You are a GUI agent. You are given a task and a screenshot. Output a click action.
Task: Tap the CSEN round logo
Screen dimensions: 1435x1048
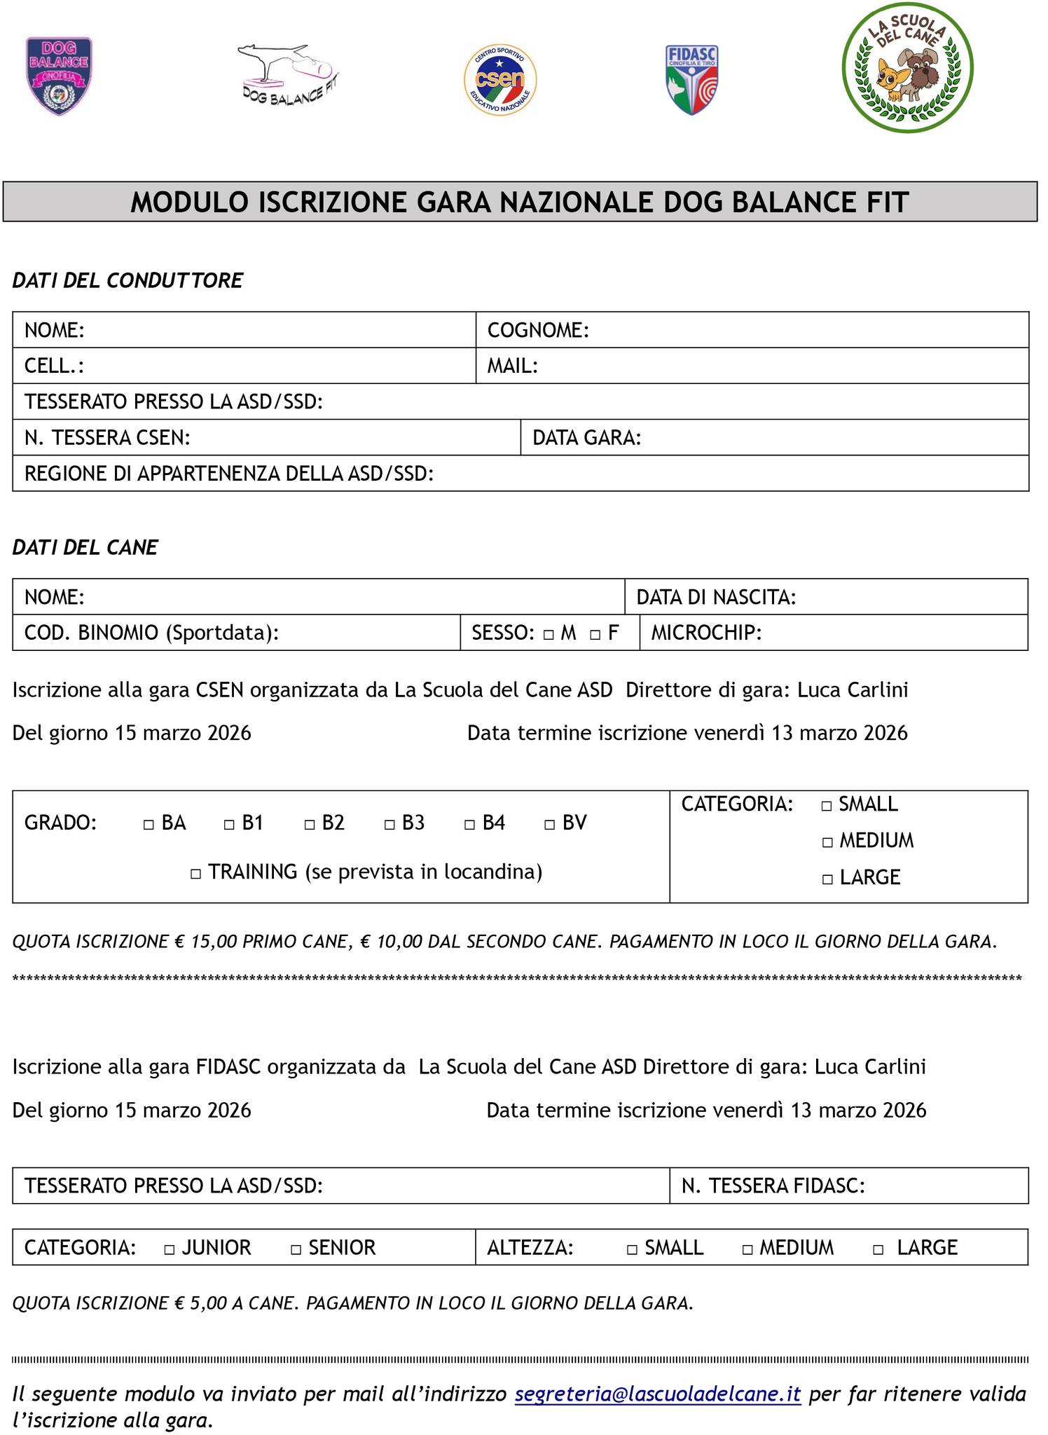point(500,79)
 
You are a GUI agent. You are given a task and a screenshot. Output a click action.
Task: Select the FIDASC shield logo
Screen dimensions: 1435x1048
point(691,79)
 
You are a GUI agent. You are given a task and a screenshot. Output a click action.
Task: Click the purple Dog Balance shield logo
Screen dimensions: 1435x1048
point(59,76)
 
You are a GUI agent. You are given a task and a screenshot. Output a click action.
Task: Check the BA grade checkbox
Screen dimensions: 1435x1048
point(149,825)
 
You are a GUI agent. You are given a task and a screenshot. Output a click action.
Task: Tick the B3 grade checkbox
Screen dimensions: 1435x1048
point(389,825)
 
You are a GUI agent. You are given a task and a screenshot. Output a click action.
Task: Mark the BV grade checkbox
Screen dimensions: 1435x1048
point(550,825)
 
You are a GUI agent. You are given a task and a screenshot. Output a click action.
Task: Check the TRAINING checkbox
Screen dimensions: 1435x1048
point(196,874)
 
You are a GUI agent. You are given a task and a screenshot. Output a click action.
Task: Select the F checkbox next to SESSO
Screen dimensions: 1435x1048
point(595,636)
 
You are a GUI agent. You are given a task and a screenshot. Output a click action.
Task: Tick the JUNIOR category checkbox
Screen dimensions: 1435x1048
point(169,1249)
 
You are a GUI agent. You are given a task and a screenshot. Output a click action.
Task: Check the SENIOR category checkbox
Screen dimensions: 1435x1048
point(296,1249)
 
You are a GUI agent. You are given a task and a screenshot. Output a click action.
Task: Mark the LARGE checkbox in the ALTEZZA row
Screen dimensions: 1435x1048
point(878,1249)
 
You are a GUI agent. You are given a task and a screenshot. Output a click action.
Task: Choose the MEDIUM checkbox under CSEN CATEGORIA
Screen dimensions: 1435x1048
point(827,843)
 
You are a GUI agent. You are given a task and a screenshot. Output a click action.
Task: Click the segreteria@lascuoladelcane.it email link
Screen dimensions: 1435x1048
point(657,1394)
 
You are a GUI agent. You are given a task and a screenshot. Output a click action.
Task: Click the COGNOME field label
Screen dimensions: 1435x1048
point(538,330)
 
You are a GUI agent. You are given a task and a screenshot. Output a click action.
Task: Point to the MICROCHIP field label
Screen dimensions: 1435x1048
point(706,633)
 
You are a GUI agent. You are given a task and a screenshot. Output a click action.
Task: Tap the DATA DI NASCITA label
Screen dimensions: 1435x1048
point(716,598)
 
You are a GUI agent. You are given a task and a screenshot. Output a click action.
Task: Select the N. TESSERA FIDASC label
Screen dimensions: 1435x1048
point(773,1186)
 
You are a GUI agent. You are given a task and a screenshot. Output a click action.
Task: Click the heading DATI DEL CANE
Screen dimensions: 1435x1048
point(85,548)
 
